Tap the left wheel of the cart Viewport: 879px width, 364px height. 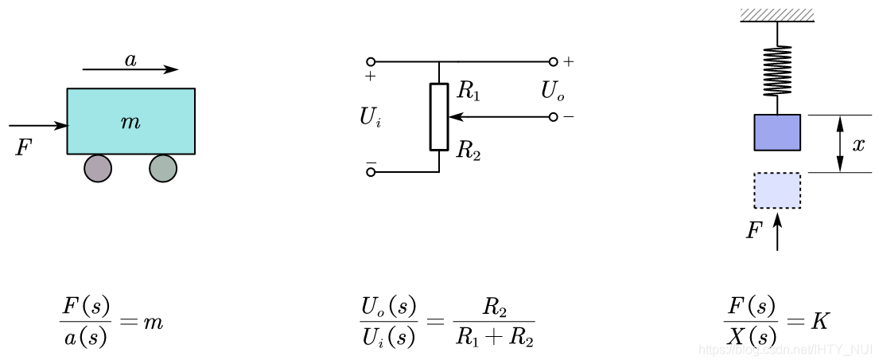click(98, 169)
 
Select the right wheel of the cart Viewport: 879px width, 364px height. click(163, 169)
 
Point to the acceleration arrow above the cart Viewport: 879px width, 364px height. click(130, 70)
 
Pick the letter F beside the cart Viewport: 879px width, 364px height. click(23, 148)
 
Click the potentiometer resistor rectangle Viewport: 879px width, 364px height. click(439, 116)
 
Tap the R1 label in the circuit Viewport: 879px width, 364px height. click(469, 91)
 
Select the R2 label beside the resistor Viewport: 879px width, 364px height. click(469, 151)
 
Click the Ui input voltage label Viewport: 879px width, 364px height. click(370, 118)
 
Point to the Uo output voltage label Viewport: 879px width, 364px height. click(552, 92)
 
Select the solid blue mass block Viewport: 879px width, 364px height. click(777, 132)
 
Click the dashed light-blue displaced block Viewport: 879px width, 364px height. click(777, 190)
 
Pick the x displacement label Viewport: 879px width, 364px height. click(858, 145)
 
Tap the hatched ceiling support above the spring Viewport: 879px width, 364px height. click(777, 14)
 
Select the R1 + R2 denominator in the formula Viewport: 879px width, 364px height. click(495, 338)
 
